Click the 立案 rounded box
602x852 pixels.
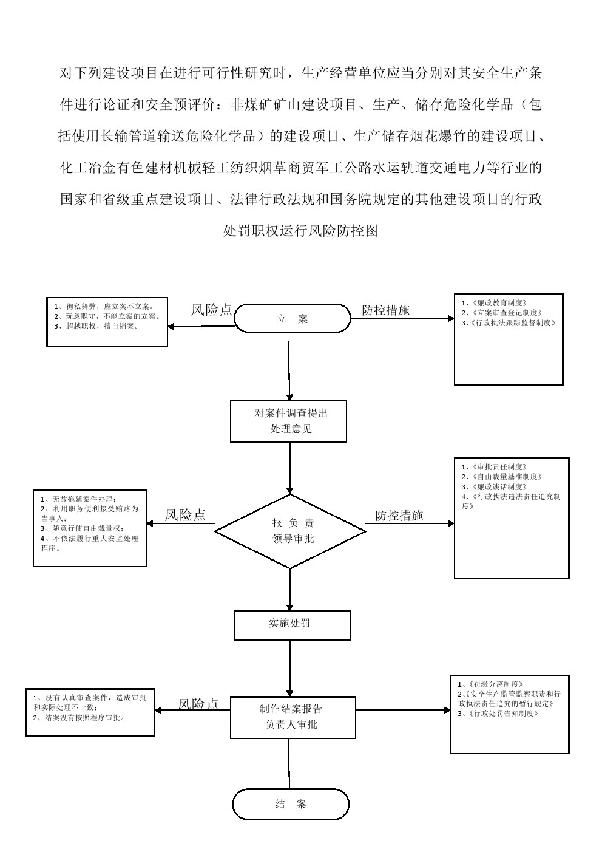point(292,319)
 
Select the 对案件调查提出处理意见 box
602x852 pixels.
point(288,421)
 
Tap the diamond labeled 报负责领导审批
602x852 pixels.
point(290,531)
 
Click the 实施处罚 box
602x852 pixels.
point(292,625)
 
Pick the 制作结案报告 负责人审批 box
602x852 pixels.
point(293,717)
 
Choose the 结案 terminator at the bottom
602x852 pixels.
point(291,804)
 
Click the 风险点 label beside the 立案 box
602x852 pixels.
point(212,310)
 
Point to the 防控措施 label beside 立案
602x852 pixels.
point(386,310)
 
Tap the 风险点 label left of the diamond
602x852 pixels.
point(185,515)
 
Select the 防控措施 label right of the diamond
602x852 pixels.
point(399,516)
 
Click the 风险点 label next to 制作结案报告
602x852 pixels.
point(198,704)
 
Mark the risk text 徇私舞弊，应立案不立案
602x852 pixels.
point(104,307)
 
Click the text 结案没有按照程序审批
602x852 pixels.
point(79,717)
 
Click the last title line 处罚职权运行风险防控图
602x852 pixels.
point(301,231)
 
